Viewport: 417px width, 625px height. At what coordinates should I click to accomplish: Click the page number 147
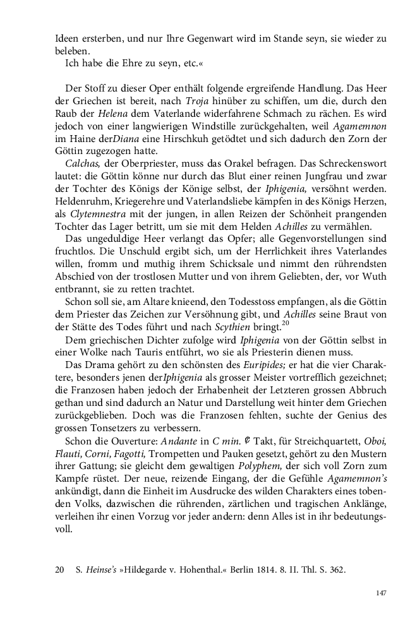380,593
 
